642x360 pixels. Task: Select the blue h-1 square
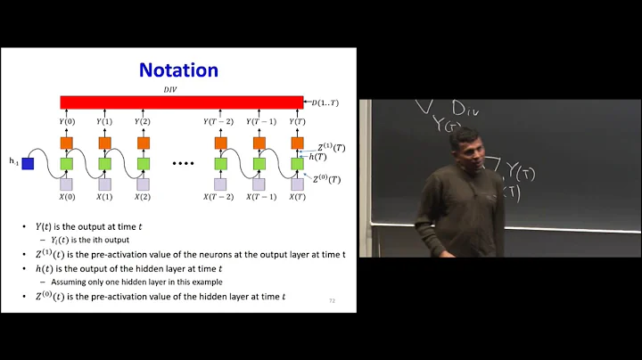click(x=29, y=164)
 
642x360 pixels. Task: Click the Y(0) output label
click(x=67, y=122)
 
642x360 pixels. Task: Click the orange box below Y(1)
click(x=104, y=143)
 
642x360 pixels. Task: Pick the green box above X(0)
click(x=67, y=164)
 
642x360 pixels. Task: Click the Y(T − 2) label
click(x=218, y=122)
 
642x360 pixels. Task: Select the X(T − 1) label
click(x=256, y=197)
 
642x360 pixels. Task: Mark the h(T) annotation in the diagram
click(x=317, y=157)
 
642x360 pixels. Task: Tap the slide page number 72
click(x=332, y=300)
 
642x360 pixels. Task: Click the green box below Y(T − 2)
click(x=218, y=164)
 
